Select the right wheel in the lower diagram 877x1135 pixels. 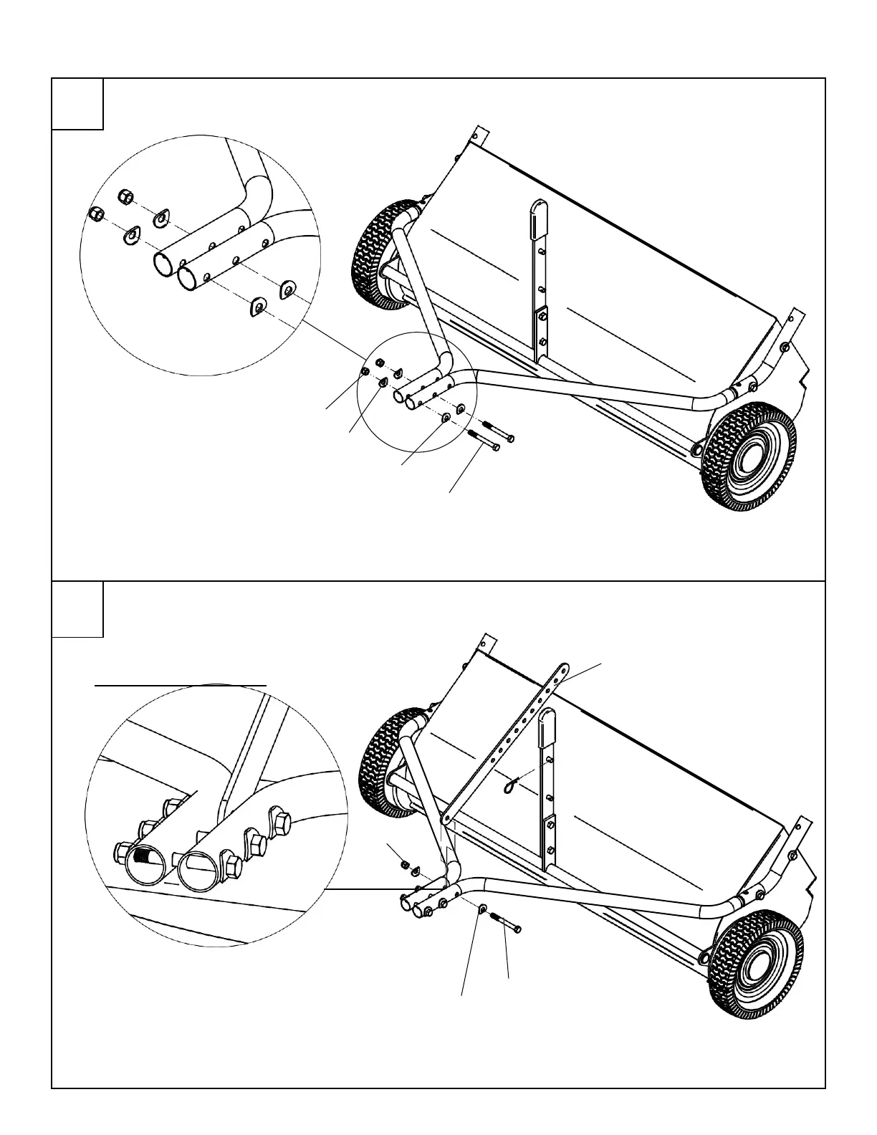[x=753, y=957]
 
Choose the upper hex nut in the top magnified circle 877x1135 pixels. [x=123, y=195]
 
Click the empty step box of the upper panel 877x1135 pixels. [x=77, y=104]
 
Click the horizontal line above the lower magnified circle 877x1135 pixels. [x=181, y=685]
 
